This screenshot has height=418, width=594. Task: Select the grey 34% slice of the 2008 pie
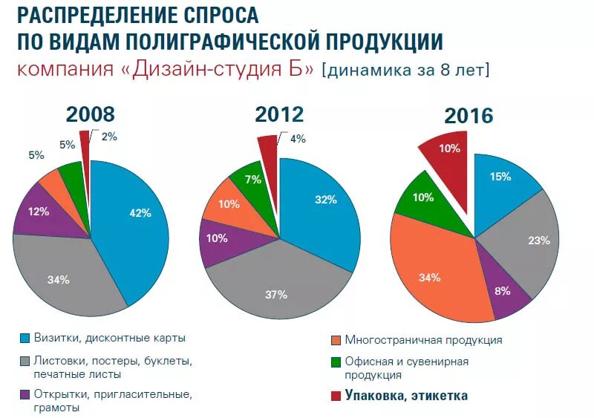point(63,278)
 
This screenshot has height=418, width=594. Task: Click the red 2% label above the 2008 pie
point(108,136)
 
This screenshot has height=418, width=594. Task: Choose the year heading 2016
point(469,116)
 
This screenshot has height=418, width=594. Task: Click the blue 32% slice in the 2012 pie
point(319,204)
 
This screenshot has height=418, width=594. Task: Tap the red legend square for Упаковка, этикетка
point(335,396)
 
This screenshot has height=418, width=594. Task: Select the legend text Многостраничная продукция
point(423,340)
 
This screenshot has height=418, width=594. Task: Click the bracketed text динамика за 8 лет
point(405,70)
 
